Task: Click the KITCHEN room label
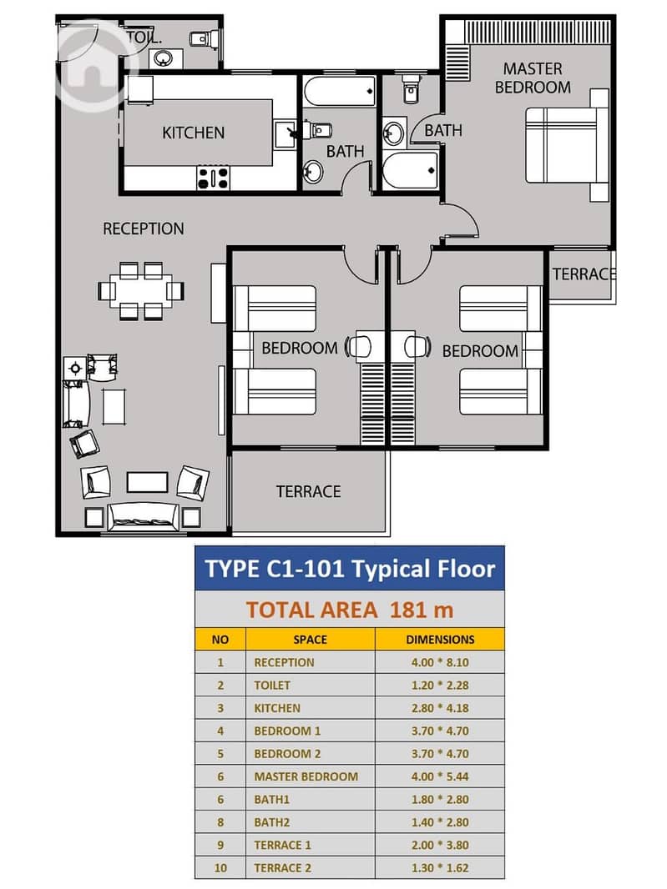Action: (193, 133)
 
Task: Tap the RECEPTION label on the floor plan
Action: (143, 229)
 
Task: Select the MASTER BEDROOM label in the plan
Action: (533, 78)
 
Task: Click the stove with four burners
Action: (214, 178)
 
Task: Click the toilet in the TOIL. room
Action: (200, 38)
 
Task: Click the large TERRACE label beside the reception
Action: (308, 491)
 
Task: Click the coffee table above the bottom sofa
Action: (147, 482)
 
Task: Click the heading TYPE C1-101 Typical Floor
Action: (350, 568)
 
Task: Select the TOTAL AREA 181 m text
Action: (350, 610)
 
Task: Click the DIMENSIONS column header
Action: (440, 640)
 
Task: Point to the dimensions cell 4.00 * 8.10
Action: (440, 662)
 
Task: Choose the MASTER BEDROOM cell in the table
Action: (306, 776)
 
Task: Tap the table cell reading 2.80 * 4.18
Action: (440, 707)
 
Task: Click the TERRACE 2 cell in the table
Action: (283, 867)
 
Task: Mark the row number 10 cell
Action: (220, 867)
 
